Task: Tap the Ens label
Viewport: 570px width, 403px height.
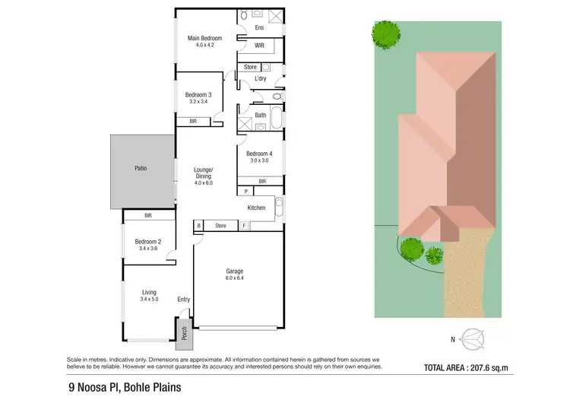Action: (x=258, y=29)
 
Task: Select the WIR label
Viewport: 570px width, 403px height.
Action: (x=259, y=46)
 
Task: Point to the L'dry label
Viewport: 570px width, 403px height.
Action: (x=261, y=78)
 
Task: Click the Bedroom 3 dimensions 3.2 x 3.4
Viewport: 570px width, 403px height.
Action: (x=198, y=102)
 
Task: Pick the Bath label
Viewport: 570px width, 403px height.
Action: (x=261, y=116)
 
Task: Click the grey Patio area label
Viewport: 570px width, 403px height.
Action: (x=140, y=168)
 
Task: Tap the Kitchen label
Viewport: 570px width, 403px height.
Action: (x=257, y=208)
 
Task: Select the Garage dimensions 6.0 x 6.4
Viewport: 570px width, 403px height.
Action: (x=234, y=278)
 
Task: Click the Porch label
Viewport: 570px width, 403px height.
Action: (x=183, y=334)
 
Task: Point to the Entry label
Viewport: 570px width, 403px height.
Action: (x=183, y=300)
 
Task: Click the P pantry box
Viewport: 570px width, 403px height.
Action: (x=245, y=191)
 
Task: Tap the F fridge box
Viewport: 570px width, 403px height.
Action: (x=244, y=225)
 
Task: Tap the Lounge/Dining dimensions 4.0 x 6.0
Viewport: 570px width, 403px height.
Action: (x=204, y=182)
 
